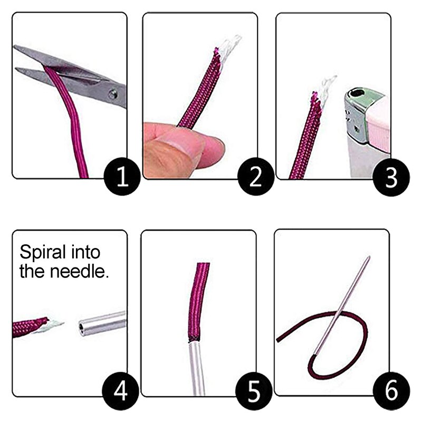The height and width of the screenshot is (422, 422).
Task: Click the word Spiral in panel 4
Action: coord(44,253)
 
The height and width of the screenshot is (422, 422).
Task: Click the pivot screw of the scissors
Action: coord(112,94)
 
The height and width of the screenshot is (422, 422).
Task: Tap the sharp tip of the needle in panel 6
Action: coord(369,257)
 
